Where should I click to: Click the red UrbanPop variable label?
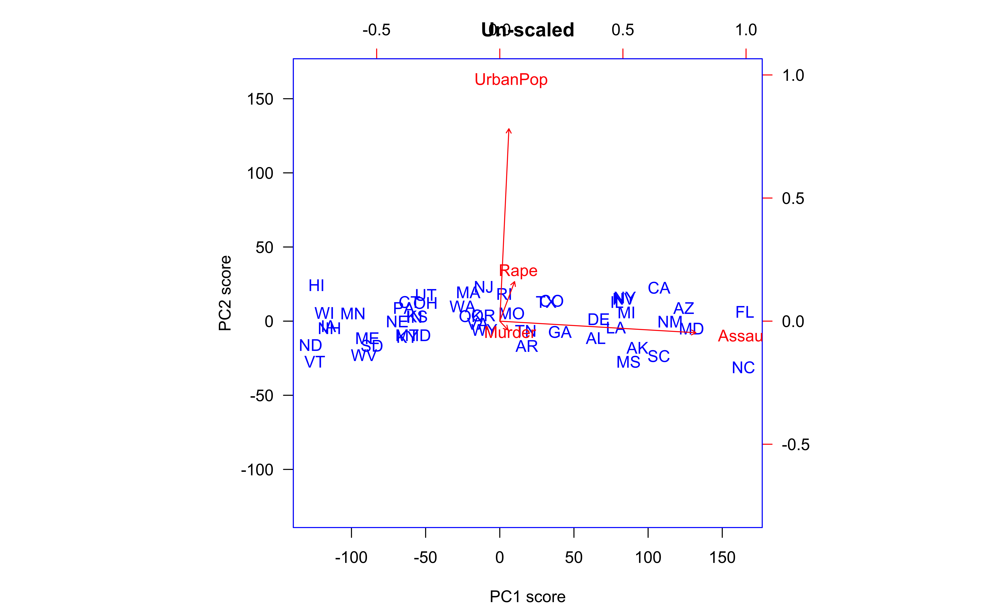click(511, 80)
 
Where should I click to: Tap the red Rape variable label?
click(518, 271)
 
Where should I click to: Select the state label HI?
click(316, 286)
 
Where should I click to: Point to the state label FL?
click(744, 312)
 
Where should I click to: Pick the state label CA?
click(659, 288)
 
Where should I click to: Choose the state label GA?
click(560, 332)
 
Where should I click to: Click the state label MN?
click(353, 314)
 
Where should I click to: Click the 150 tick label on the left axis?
click(260, 99)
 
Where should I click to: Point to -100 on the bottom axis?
click(351, 557)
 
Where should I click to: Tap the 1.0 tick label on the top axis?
click(746, 30)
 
